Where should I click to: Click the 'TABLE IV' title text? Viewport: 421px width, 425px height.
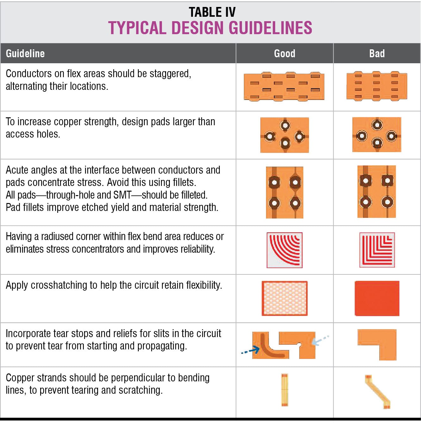click(212, 12)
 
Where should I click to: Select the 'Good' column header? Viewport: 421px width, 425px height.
click(284, 53)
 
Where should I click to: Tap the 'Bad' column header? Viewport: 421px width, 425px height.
click(377, 53)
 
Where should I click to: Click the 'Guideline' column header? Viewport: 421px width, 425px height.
click(25, 53)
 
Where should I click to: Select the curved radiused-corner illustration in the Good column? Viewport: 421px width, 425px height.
click(284, 250)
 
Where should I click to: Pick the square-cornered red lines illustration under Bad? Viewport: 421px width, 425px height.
click(377, 250)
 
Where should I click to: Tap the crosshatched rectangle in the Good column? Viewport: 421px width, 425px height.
click(284, 298)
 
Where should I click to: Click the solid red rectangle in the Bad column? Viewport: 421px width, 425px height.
click(377, 298)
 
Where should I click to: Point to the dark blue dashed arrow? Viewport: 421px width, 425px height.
click(251, 350)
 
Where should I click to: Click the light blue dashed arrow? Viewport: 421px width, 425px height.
click(320, 340)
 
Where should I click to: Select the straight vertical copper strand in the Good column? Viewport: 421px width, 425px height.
click(284, 390)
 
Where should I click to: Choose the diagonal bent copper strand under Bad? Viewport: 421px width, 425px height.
click(377, 391)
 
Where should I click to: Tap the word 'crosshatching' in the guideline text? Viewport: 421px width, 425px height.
click(60, 285)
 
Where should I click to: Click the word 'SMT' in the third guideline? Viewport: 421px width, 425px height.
click(122, 195)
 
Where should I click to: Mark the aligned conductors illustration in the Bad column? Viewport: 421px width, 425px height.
click(376, 86)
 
